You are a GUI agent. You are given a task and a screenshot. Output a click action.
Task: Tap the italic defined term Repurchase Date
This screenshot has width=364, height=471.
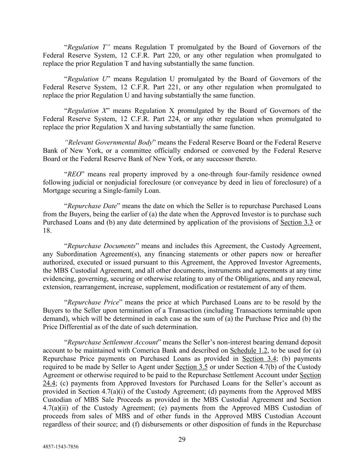91,206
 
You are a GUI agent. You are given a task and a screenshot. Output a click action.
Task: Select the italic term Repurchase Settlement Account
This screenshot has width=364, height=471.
113,342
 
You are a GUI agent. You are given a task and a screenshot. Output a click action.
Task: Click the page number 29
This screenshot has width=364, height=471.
182,440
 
